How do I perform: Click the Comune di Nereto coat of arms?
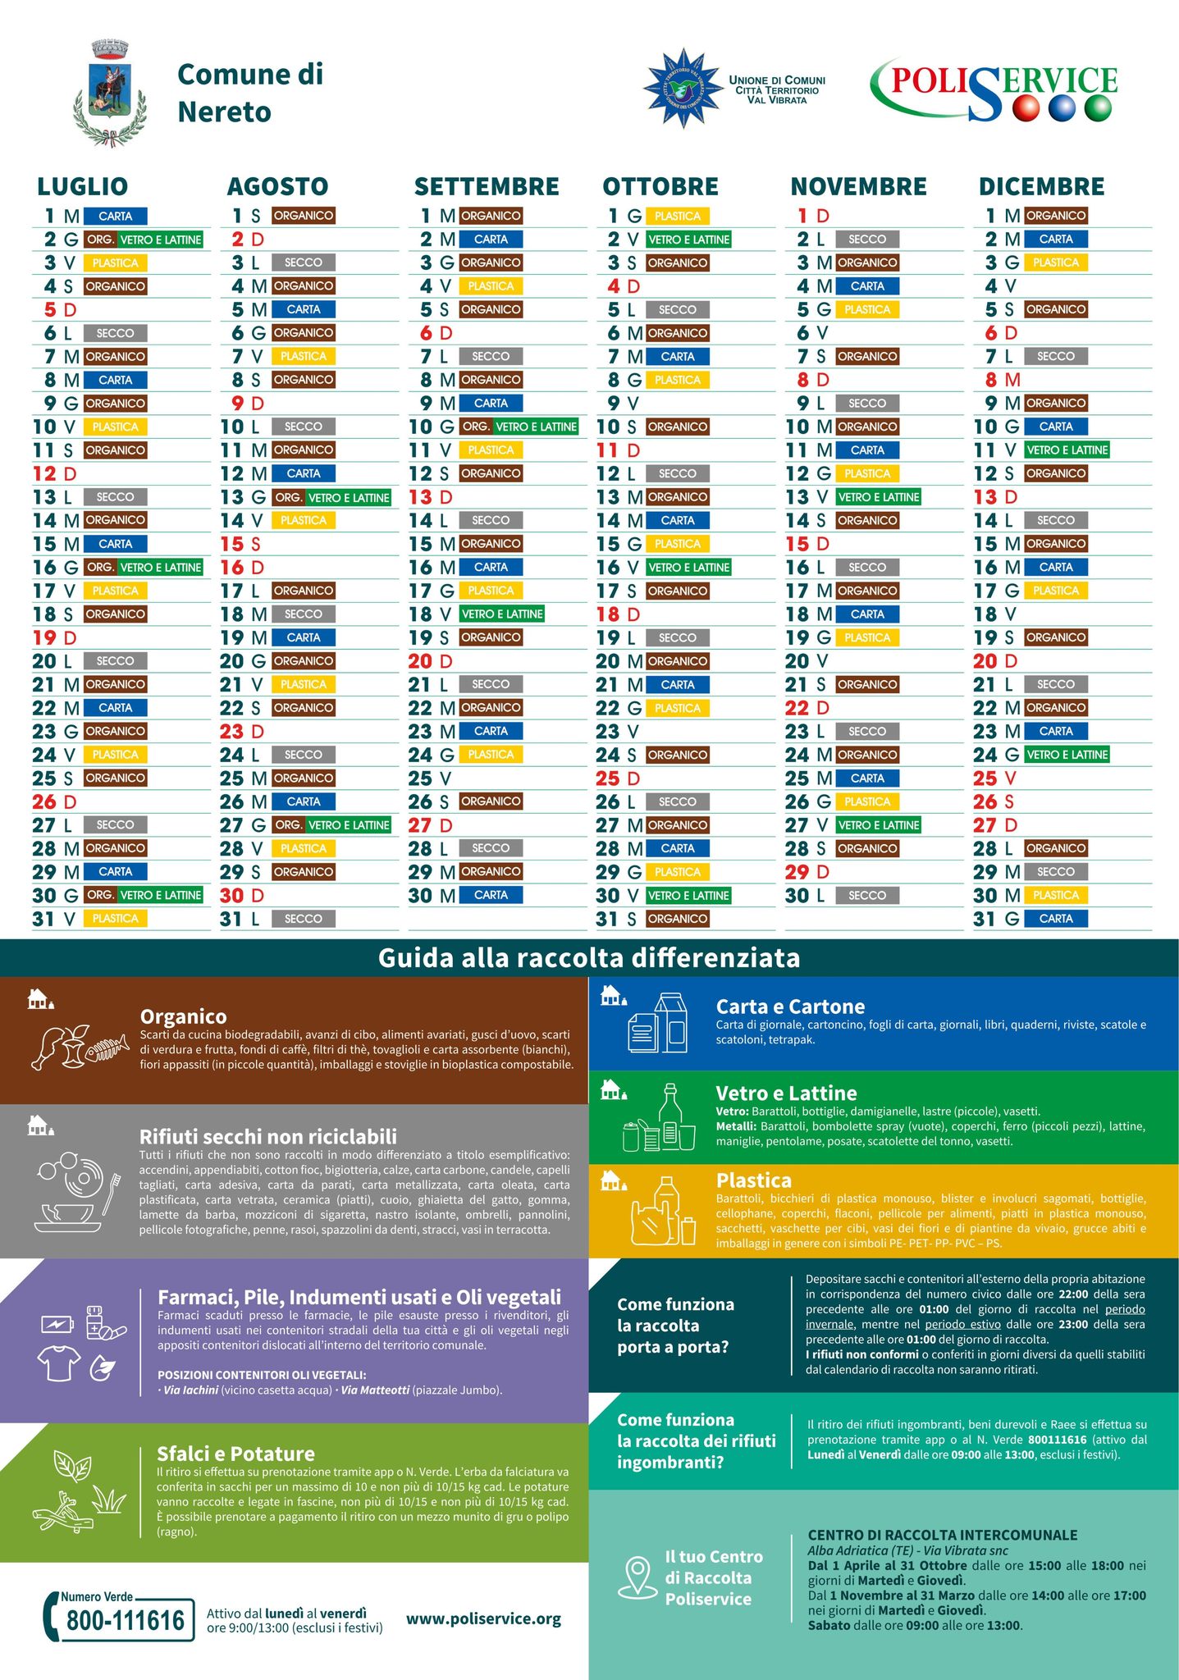click(110, 92)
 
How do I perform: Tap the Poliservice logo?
click(994, 89)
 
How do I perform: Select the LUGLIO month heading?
click(82, 186)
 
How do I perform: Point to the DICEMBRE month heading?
click(1041, 186)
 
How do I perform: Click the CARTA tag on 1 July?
click(115, 216)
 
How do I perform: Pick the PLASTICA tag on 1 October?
click(678, 216)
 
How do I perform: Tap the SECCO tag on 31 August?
click(303, 919)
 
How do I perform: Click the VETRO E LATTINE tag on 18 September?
click(502, 614)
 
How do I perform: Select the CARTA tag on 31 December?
click(1055, 919)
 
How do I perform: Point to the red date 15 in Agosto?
click(232, 544)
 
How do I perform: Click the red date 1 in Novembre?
click(802, 216)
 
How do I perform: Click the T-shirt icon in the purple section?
click(59, 1363)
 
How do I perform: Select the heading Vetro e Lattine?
click(786, 1093)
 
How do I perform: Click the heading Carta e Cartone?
click(790, 1007)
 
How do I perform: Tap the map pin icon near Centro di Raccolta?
click(637, 1577)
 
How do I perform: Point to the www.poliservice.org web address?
click(483, 1618)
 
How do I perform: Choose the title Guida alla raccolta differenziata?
click(588, 958)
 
